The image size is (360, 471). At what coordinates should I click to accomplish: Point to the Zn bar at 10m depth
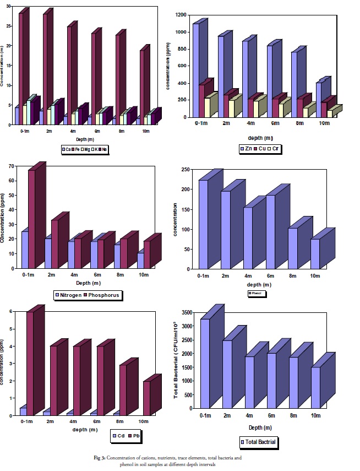click(x=320, y=99)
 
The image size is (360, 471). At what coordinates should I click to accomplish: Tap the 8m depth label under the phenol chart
click(x=292, y=275)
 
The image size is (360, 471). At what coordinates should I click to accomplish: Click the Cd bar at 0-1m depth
click(x=23, y=411)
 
